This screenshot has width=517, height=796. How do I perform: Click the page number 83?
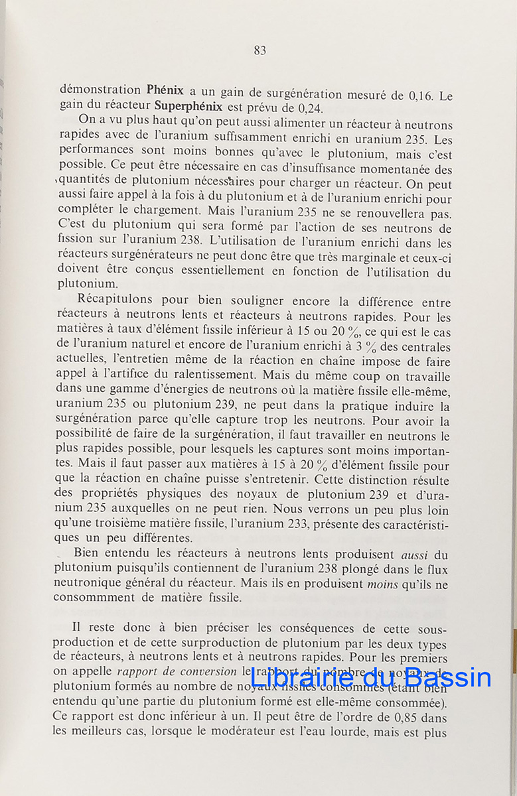(259, 50)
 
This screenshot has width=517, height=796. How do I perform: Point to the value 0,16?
(421, 96)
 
